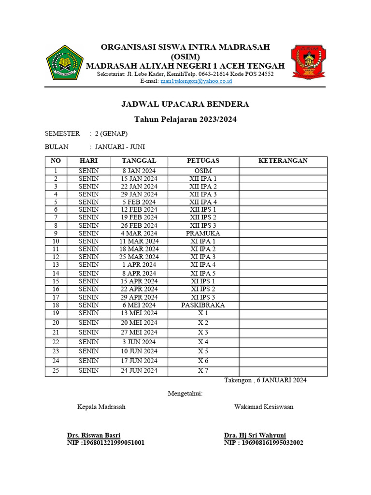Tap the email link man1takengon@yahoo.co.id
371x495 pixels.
pos(196,81)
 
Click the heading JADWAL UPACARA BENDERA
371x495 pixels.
pos(185,104)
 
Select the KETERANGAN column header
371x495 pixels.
pos(283,161)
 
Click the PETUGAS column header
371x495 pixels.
pos(203,161)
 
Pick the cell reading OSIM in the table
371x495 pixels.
pos(203,171)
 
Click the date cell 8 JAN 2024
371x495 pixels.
pos(139,171)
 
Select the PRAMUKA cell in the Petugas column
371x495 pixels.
pos(203,233)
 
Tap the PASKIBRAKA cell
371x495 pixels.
pos(203,305)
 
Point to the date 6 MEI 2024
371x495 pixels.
pos(139,305)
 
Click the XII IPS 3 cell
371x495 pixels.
pos(203,225)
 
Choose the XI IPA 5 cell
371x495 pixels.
pos(203,273)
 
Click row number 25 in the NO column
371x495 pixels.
pos(56,370)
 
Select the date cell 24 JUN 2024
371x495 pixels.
pos(139,370)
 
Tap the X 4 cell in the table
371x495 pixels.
pos(203,342)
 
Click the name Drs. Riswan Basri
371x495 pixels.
pos(94,435)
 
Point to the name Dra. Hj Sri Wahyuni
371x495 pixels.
pos(255,435)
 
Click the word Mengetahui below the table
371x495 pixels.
pos(185,393)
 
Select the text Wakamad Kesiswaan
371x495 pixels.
pos(264,407)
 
